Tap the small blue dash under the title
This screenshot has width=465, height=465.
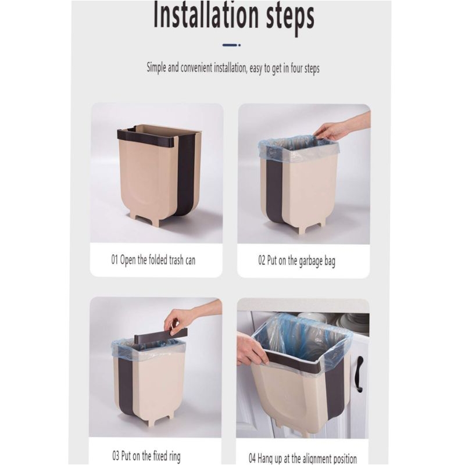coord(231,45)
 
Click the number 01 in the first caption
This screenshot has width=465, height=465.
coord(115,260)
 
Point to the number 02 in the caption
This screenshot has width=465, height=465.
coord(262,260)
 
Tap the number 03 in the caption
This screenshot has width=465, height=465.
coord(116,456)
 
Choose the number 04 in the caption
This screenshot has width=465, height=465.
coord(252,458)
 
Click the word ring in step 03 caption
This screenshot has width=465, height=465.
coord(175,456)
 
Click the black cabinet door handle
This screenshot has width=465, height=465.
coord(360,374)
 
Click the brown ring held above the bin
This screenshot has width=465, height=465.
coord(161,333)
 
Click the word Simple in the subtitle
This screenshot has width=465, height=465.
coord(156,68)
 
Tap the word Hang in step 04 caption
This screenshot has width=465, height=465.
coord(265,459)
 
